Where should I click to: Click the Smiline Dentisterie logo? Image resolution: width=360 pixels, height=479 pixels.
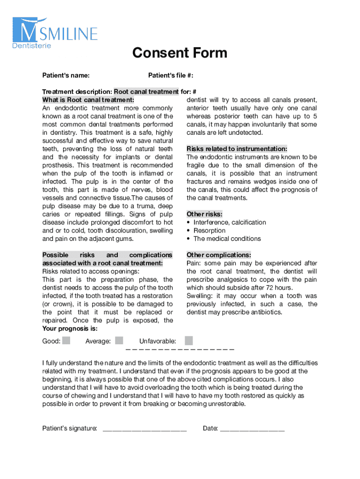[x=55, y=33]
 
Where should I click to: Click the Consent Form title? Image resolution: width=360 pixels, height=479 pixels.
[x=180, y=53]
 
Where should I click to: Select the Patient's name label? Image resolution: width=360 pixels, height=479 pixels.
[x=66, y=76]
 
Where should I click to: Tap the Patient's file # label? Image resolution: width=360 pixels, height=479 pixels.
[x=171, y=76]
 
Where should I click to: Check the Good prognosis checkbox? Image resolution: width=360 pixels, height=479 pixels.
[x=66, y=341]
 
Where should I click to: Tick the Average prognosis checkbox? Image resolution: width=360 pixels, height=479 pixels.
[x=119, y=341]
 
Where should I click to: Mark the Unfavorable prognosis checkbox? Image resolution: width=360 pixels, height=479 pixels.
[x=188, y=341]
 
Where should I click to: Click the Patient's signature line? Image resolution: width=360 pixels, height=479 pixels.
[x=144, y=428]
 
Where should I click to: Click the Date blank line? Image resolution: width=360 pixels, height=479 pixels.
[x=252, y=428]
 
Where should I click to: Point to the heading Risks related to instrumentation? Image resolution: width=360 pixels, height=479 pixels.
[x=237, y=149]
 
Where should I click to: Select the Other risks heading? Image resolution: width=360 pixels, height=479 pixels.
[x=204, y=214]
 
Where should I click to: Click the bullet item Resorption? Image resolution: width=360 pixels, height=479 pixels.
[x=209, y=231]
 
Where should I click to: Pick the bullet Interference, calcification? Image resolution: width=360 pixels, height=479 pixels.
[x=230, y=222]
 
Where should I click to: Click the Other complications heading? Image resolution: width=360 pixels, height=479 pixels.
[x=218, y=255]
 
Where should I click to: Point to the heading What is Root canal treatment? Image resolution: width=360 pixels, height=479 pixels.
[x=88, y=100]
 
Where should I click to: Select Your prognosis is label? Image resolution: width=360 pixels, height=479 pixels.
[x=70, y=328]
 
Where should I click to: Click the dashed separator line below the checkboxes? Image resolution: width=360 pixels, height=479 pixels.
[x=180, y=349]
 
